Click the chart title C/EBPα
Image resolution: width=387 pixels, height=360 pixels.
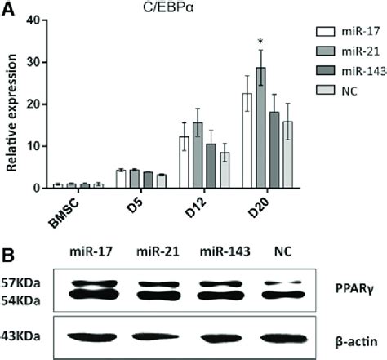click(175, 9)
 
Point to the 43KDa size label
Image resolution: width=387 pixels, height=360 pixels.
click(24, 336)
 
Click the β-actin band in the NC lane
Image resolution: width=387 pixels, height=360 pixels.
click(280, 336)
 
